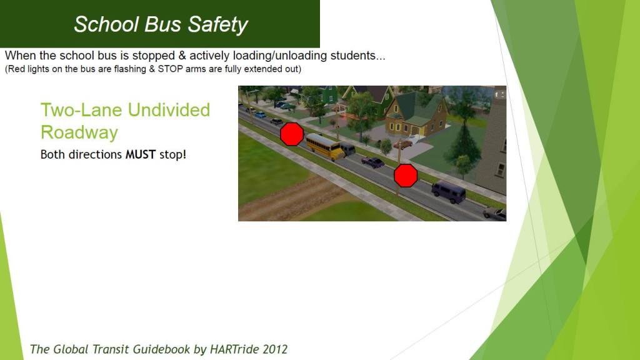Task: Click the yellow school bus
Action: pyautogui.click(x=325, y=146)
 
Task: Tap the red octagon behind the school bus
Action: pyautogui.click(x=292, y=134)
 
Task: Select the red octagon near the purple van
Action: pyautogui.click(x=406, y=176)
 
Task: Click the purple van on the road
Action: pyautogui.click(x=449, y=192)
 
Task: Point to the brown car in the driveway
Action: pyautogui.click(x=403, y=144)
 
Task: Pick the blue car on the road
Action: pyautogui.click(x=260, y=115)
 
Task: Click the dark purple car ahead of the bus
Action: pyautogui.click(x=372, y=162)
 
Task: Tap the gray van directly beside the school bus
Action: pyautogui.click(x=347, y=149)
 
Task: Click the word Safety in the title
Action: pyautogui.click(x=217, y=24)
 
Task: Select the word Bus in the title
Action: pyautogui.click(x=162, y=24)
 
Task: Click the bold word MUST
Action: pyautogui.click(x=141, y=154)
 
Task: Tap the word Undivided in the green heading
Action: pyautogui.click(x=169, y=110)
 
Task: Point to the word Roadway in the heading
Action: pyautogui.click(x=79, y=132)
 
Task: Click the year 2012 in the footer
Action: pyautogui.click(x=275, y=349)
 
